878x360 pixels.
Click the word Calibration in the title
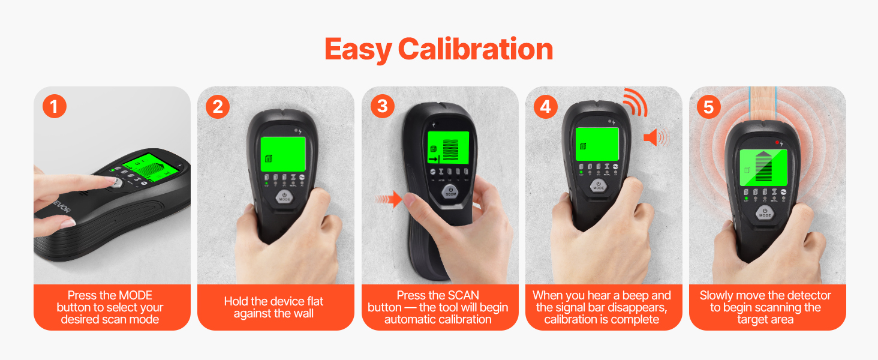[476, 49]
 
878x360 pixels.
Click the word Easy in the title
[358, 50]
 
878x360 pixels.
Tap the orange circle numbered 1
[55, 106]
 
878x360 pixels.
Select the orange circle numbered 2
[218, 106]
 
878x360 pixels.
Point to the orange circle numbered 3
[383, 106]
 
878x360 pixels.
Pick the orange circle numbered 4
[546, 106]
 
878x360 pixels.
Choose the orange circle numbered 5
[709, 107]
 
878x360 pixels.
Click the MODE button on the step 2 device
[284, 197]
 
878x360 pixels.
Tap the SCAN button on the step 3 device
[451, 192]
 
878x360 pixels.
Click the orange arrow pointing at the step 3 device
[389, 199]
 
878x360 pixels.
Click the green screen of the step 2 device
[283, 154]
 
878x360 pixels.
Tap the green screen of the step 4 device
[597, 144]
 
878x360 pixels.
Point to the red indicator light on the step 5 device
[777, 142]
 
